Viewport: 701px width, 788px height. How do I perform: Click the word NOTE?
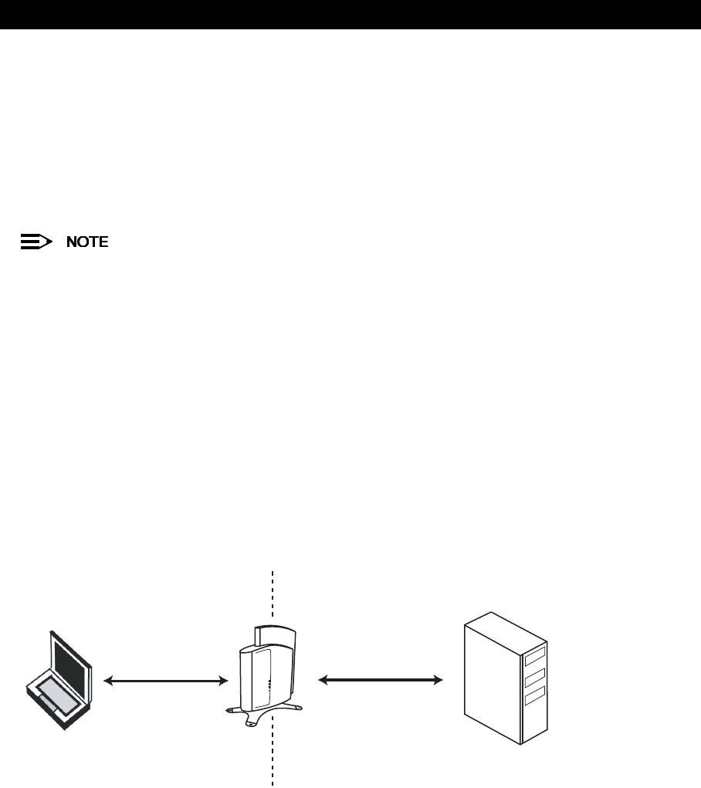[x=86, y=242]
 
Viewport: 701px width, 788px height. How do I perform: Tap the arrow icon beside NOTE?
[x=36, y=242]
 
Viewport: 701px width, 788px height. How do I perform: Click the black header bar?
[x=350, y=14]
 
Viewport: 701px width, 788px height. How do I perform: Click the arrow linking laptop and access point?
[x=167, y=681]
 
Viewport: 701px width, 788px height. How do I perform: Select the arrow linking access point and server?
[x=381, y=680]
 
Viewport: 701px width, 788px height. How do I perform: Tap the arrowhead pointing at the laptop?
[x=109, y=681]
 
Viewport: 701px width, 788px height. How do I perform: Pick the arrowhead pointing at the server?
[x=439, y=680]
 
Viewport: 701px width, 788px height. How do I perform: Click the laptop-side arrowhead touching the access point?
[x=224, y=681]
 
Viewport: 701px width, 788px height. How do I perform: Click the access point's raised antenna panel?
[x=279, y=637]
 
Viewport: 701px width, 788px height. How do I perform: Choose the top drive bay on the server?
[x=534, y=657]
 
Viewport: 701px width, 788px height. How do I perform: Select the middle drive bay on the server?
[x=534, y=678]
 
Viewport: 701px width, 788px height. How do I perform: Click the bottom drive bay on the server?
[x=534, y=699]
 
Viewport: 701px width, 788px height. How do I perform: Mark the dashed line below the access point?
[x=273, y=760]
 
